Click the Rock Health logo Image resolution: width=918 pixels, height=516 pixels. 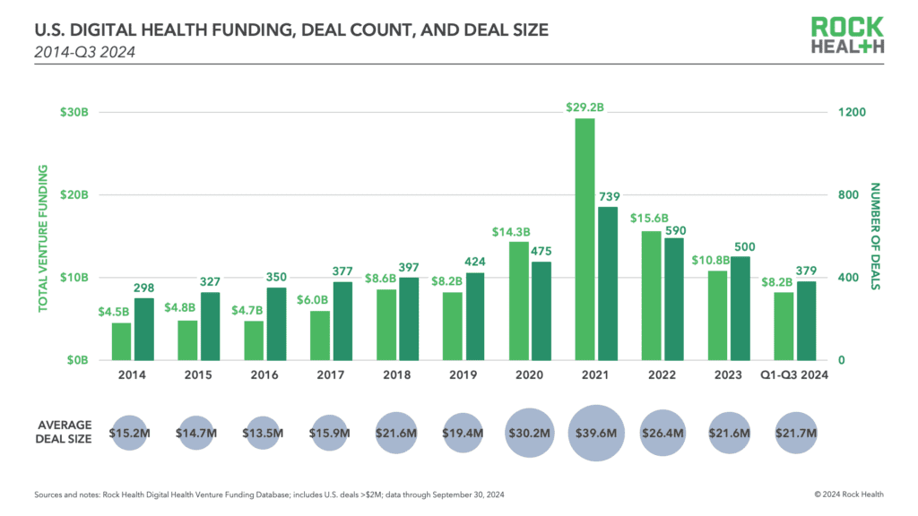[x=847, y=36]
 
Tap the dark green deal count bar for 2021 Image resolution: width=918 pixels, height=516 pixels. [x=608, y=283]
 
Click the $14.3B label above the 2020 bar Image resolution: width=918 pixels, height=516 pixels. [x=510, y=232]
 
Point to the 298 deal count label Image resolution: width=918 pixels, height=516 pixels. [x=143, y=288]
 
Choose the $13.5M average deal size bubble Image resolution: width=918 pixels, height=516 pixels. [x=262, y=433]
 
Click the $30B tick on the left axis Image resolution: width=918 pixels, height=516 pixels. [x=74, y=113]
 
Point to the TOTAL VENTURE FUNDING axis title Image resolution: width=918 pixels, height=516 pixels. [x=42, y=236]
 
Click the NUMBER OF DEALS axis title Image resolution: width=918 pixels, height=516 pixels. [x=875, y=236]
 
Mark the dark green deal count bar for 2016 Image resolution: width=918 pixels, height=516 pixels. [x=277, y=323]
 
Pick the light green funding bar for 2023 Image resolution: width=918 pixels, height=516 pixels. [x=718, y=315]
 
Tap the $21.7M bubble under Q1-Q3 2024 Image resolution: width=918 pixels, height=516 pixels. [x=796, y=433]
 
